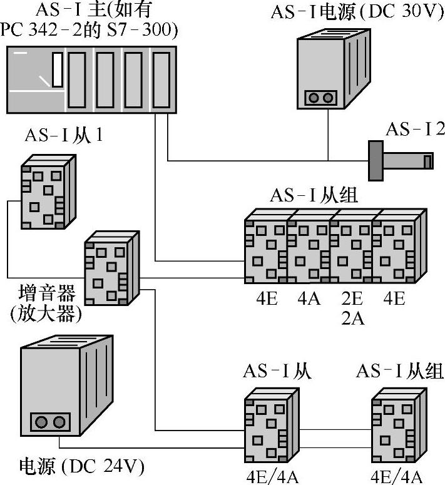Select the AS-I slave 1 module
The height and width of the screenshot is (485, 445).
pyautogui.click(x=46, y=191)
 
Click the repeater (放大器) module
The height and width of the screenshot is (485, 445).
pyautogui.click(x=110, y=266)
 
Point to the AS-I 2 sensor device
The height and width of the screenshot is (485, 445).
pyautogui.click(x=401, y=160)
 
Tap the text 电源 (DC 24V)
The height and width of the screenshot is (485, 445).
pyautogui.click(x=82, y=466)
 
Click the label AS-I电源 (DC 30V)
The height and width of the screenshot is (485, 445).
pyautogui.click(x=353, y=13)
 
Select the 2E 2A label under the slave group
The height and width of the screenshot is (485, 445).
pyautogui.click(x=351, y=308)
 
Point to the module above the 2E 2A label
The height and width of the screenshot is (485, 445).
pyautogui.click(x=351, y=248)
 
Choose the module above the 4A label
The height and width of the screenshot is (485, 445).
pyautogui.click(x=309, y=248)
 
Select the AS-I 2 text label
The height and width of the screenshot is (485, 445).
pyautogui.click(x=415, y=129)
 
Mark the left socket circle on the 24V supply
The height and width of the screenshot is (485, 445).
pyautogui.click(x=42, y=422)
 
